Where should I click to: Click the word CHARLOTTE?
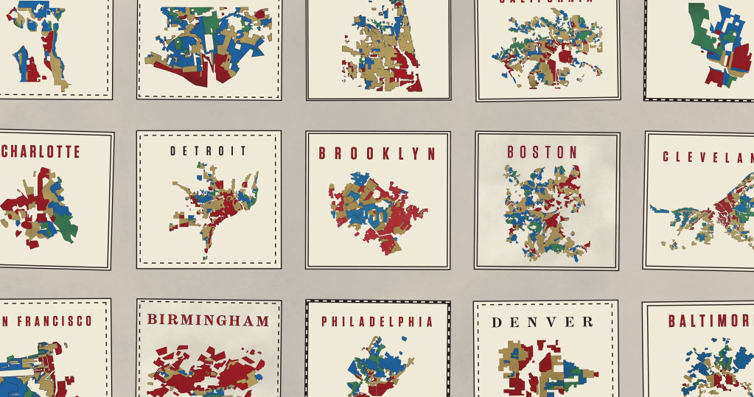pos(41,152)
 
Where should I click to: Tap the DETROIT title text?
pos(209,151)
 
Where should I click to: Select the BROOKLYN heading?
pos(377,153)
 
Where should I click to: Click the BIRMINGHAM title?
pos(208,320)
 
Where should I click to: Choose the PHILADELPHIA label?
pos(377,322)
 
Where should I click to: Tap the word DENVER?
pos(542,322)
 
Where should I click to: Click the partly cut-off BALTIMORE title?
pos(711,321)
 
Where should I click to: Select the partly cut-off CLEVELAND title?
pos(708,157)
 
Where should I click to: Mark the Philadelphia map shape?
pos(376,368)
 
